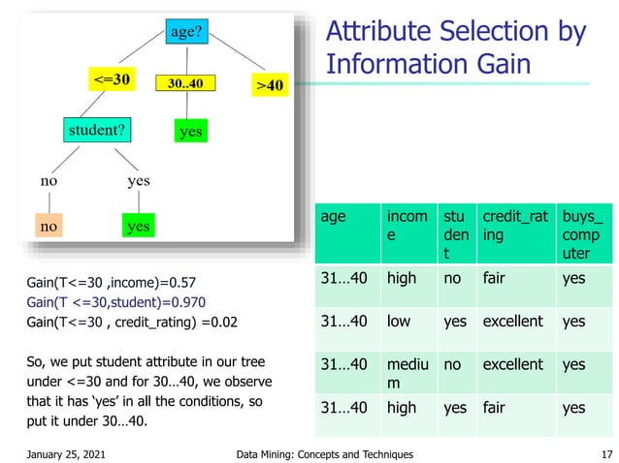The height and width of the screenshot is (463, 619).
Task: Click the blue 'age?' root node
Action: click(186, 32)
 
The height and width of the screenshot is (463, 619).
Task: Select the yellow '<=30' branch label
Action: click(113, 78)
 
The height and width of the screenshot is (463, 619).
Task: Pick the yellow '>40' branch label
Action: click(269, 85)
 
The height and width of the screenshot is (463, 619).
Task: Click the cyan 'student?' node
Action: click(100, 128)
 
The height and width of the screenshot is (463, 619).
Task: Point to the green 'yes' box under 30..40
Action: click(190, 130)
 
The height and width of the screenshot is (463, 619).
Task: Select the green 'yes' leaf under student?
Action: click(138, 226)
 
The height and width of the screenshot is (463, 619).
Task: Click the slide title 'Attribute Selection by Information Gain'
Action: click(456, 47)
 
